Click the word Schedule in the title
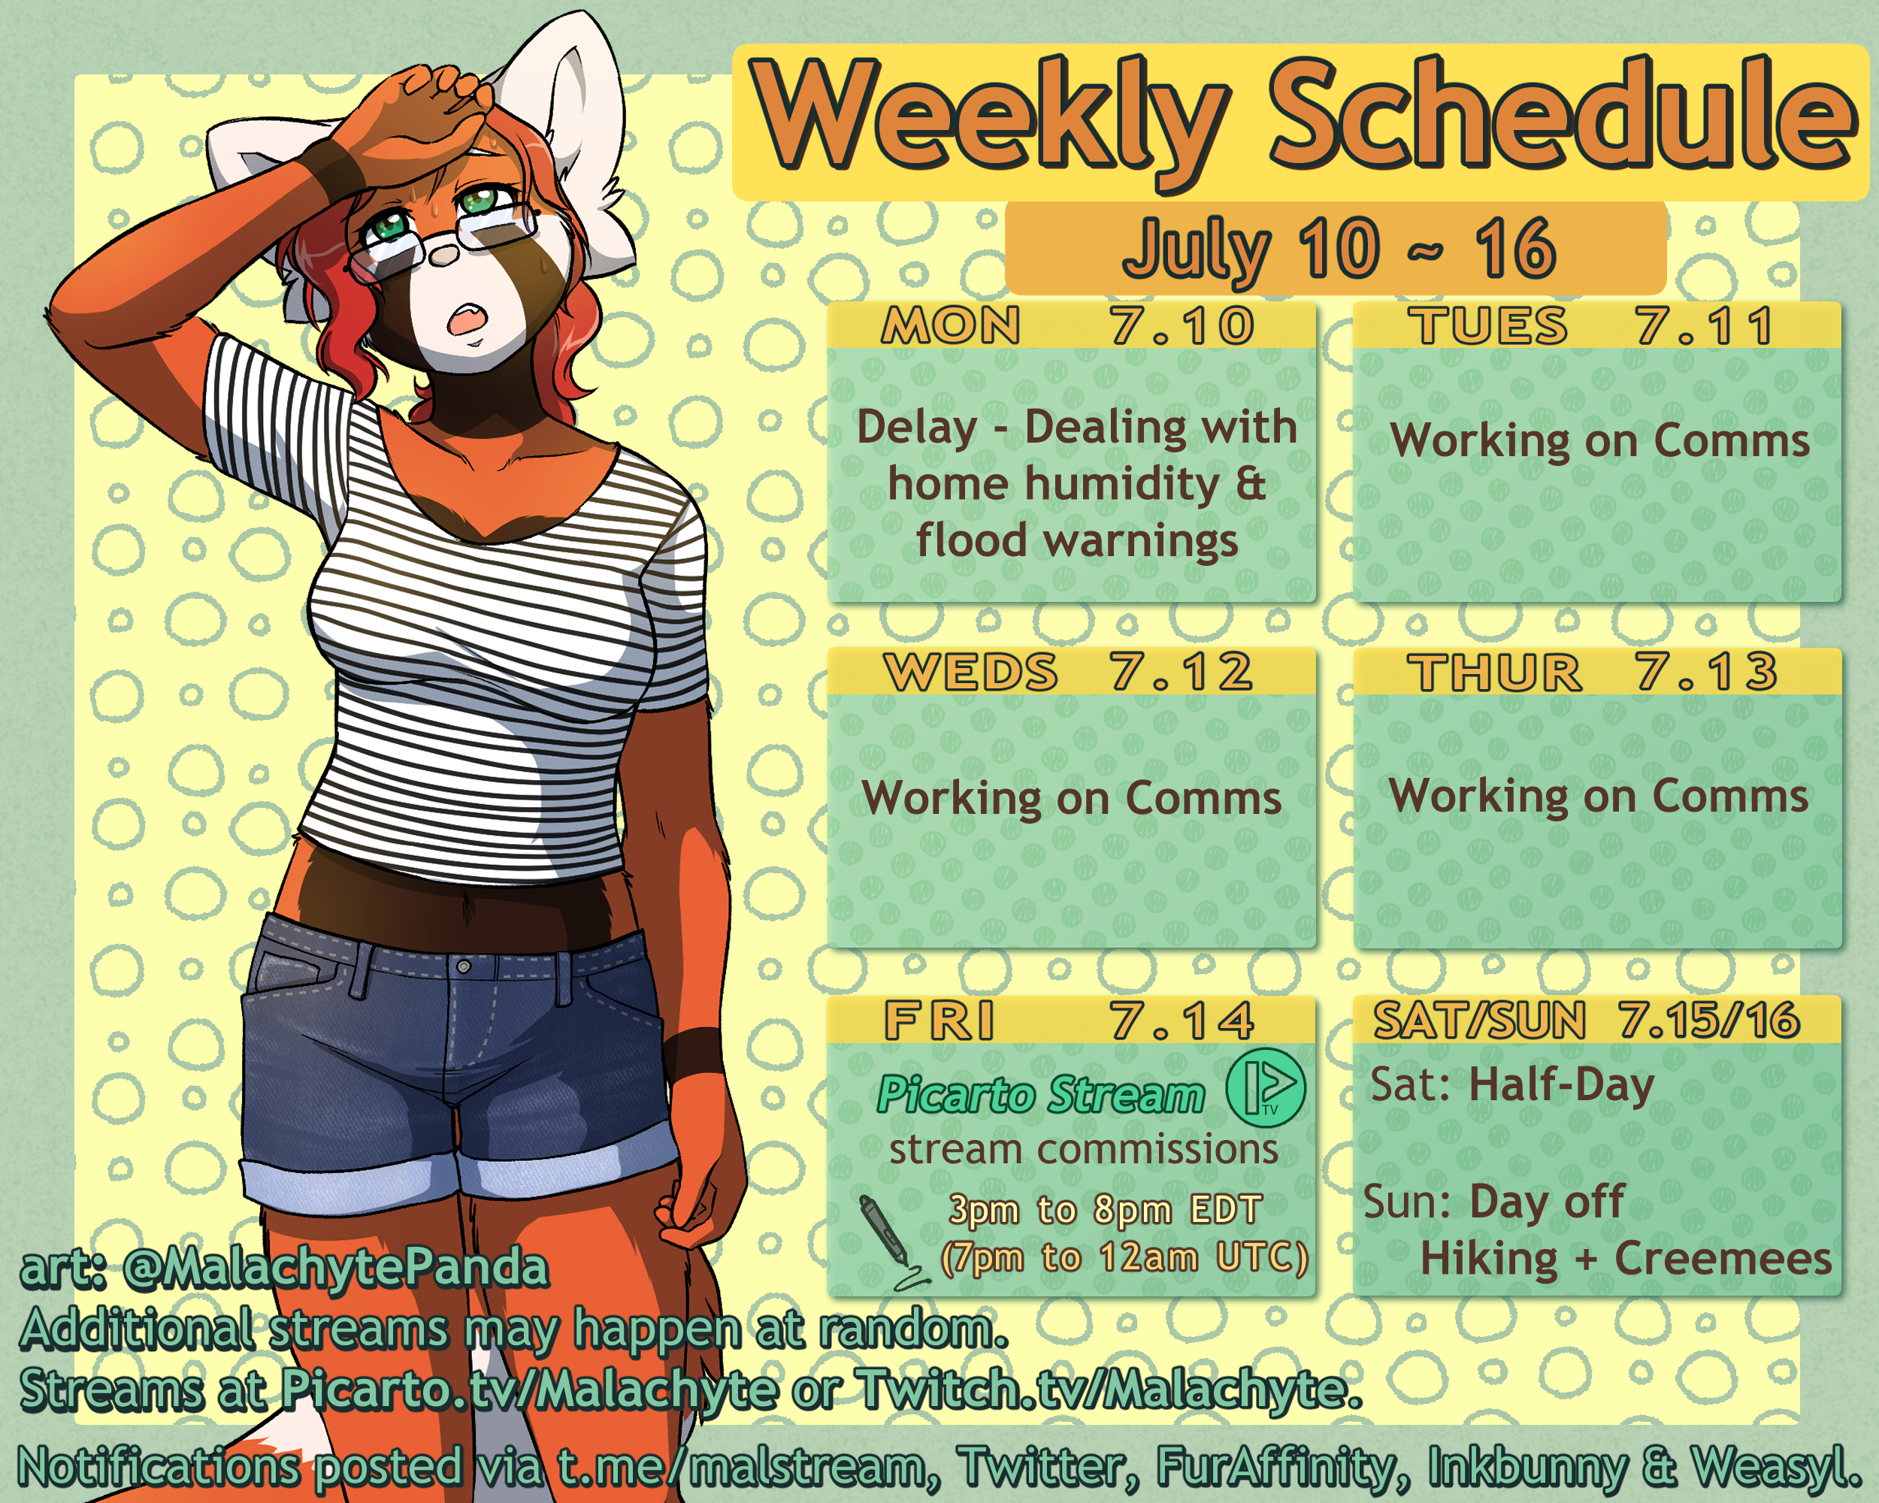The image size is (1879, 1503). pos(1560,113)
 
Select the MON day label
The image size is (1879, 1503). pos(950,326)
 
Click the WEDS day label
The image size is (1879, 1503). pos(970,672)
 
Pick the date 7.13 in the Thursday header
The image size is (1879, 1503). pos(1705,672)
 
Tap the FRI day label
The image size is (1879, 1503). pos(939,1021)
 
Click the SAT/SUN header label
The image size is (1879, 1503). pos(1479,1021)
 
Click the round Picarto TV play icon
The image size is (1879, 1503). pos(1266,1088)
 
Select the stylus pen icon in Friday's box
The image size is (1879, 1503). pos(889,1241)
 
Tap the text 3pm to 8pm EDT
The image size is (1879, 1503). pos(1105,1209)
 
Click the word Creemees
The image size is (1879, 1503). pos(1723,1259)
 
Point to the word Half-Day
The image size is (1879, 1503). pos(1562,1087)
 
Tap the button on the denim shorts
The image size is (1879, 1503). pos(464,966)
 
